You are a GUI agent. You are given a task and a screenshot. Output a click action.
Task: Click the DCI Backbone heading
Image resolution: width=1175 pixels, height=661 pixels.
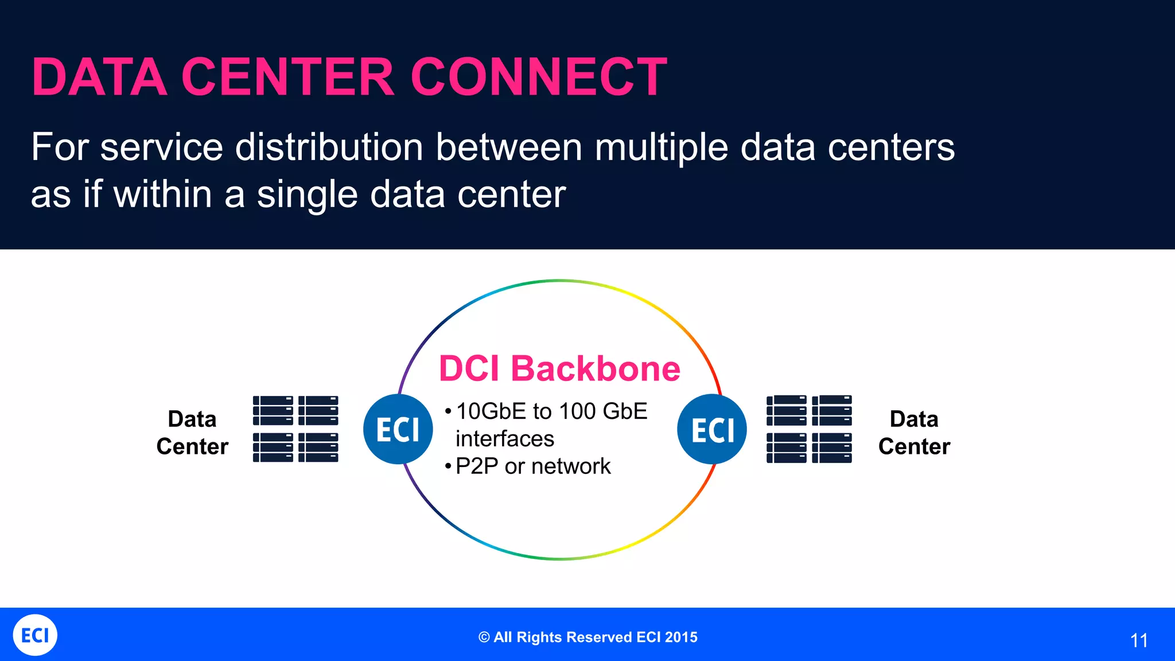(x=559, y=368)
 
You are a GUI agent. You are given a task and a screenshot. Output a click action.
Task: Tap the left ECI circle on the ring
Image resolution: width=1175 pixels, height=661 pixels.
(x=398, y=429)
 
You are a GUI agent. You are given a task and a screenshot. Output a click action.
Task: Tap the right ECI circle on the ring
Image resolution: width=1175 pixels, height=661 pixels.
(x=712, y=429)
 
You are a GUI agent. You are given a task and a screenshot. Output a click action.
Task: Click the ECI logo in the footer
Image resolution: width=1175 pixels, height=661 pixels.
(x=35, y=635)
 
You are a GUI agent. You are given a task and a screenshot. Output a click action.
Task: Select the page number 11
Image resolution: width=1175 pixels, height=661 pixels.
(x=1139, y=640)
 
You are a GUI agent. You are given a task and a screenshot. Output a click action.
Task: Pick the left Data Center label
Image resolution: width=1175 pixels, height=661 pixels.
(x=192, y=433)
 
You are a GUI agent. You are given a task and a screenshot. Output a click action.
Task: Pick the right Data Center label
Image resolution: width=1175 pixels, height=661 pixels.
(x=914, y=433)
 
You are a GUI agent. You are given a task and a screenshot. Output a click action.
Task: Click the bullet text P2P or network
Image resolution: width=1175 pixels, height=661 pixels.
(x=532, y=466)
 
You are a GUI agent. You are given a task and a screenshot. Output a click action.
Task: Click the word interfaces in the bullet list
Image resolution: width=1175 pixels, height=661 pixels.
(x=505, y=439)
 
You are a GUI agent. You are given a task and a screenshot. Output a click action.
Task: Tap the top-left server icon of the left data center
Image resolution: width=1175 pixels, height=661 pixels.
(x=273, y=410)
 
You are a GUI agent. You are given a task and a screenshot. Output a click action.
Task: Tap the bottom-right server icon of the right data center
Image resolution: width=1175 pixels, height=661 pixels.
(x=832, y=448)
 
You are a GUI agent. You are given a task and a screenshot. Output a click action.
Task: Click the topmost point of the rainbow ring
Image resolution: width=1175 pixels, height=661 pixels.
(x=559, y=281)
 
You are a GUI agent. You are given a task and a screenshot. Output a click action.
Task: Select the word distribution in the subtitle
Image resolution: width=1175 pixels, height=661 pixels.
(x=329, y=148)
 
